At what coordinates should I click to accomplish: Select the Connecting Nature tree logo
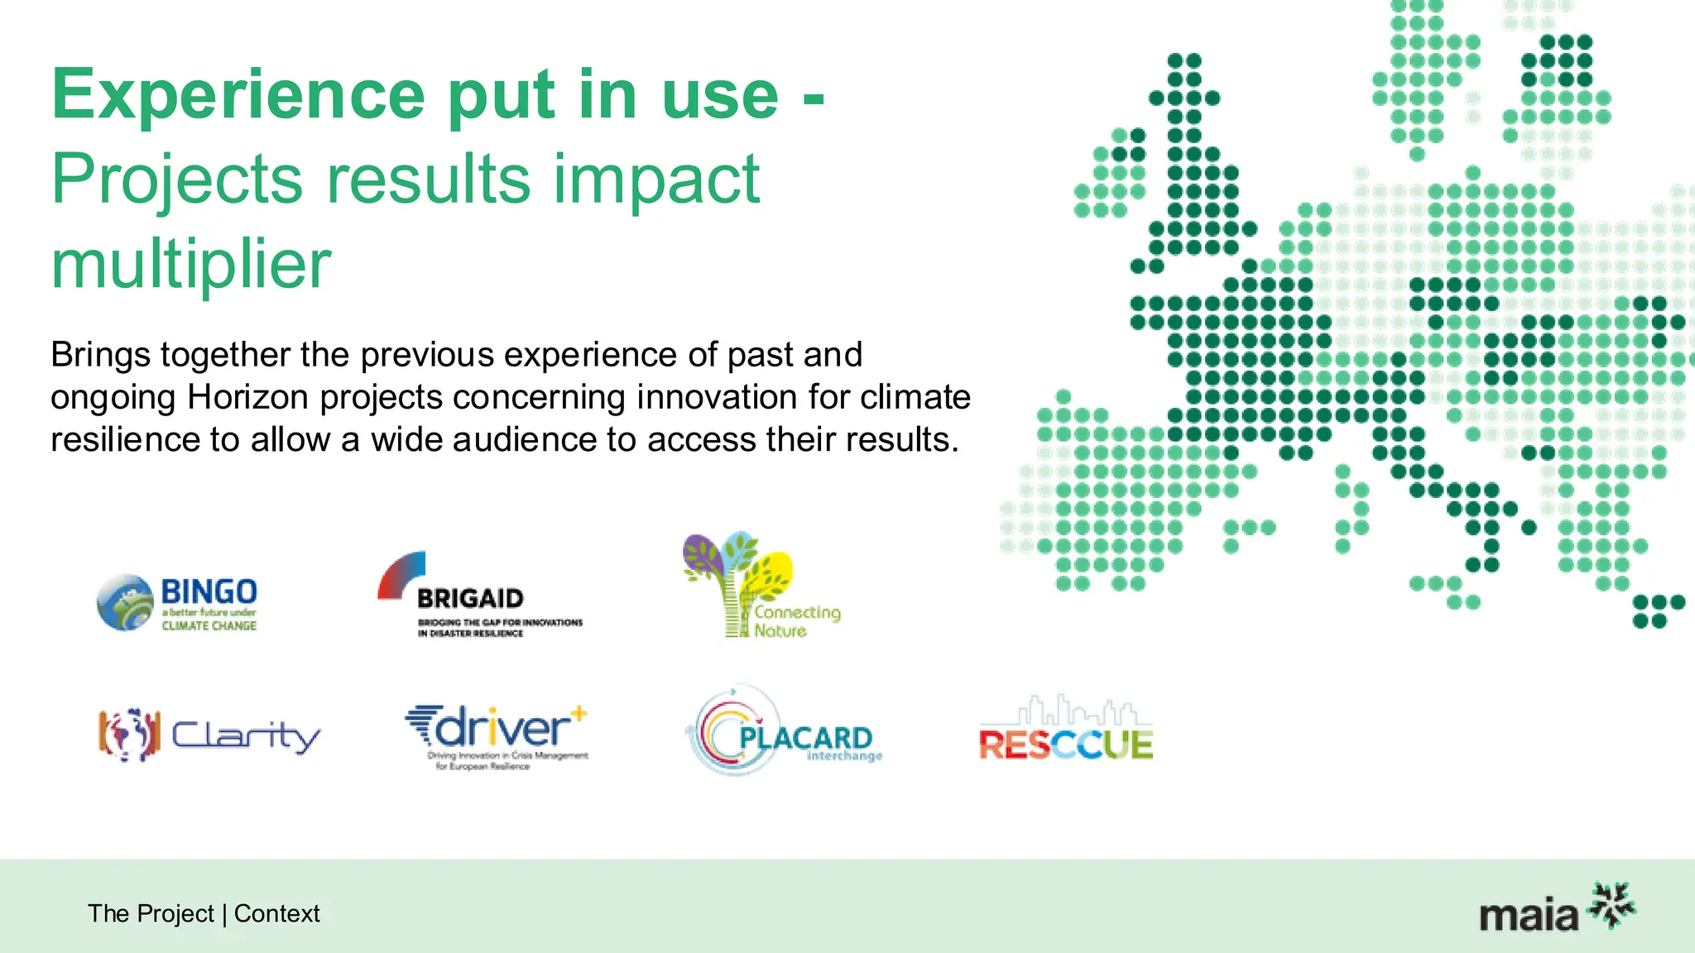point(760,586)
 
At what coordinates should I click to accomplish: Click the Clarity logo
point(209,735)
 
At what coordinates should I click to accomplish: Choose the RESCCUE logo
point(1066,731)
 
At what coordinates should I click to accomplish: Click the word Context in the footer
point(276,913)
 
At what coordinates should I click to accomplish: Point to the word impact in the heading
point(655,180)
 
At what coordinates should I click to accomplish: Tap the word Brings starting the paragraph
point(100,356)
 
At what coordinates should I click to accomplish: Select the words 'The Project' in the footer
point(151,913)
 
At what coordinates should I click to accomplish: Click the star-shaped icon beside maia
point(1611,906)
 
